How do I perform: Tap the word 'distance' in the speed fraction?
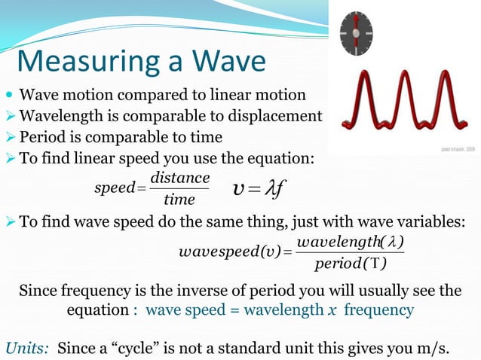pos(179,177)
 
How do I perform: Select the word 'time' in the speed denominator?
pos(179,199)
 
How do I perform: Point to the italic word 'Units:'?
pos(28,347)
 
